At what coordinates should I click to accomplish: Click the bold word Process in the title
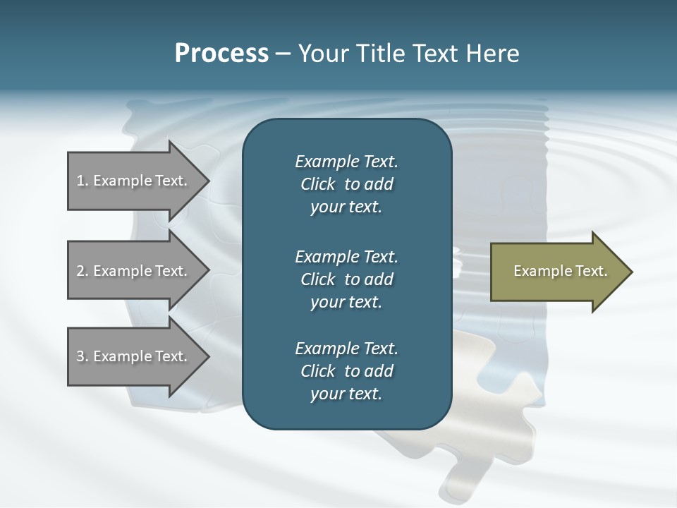point(221,54)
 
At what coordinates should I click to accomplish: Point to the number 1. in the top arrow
point(82,181)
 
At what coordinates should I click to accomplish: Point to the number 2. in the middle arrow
point(82,271)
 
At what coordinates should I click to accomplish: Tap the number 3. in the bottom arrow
point(82,356)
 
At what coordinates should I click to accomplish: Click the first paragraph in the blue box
point(346,184)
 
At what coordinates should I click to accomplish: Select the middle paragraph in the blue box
point(346,279)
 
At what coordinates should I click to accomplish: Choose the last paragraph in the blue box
point(346,371)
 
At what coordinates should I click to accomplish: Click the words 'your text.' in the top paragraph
point(346,207)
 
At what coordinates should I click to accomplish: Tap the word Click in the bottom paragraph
point(318,371)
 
